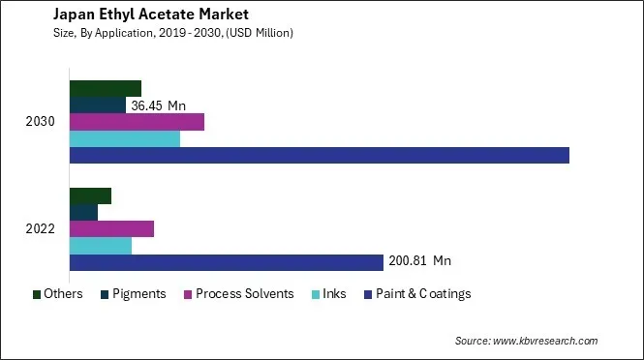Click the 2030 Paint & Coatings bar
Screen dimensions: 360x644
tap(319, 155)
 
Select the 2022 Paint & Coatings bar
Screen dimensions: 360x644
tap(227, 262)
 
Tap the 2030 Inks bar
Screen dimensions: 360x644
tap(125, 138)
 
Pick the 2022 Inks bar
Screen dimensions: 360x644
tap(101, 246)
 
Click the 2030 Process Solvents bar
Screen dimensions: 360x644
tap(137, 122)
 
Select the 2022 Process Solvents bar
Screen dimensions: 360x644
tap(111, 229)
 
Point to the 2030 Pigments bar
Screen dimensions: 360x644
tap(98, 105)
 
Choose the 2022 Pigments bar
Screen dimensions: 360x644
tap(83, 212)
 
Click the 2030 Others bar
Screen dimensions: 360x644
tap(106, 89)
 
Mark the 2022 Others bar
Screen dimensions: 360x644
tap(90, 195)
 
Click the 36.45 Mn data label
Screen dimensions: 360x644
tap(158, 105)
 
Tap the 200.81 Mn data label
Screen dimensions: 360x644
tap(419, 261)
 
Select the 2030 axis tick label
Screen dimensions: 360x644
tap(42, 122)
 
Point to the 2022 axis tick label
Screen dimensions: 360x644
tap(42, 229)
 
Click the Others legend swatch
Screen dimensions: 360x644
tap(36, 294)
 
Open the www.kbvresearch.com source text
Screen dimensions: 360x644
tap(553, 341)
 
